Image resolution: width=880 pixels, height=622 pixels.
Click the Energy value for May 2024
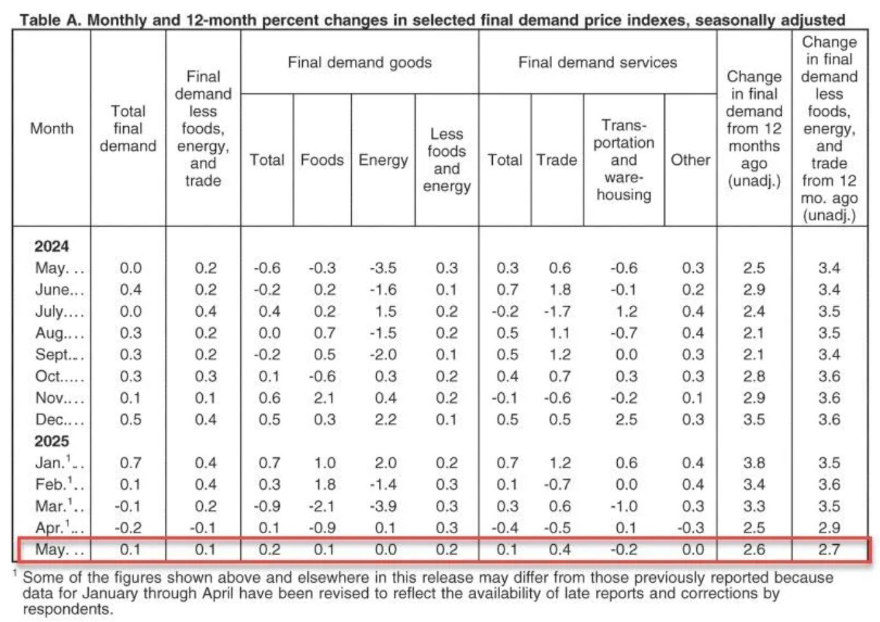coord(383,269)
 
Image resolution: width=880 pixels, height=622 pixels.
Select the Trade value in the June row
coord(560,290)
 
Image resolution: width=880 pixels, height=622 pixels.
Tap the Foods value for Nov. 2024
coord(324,398)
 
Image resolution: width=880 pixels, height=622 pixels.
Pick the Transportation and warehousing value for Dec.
coord(626,420)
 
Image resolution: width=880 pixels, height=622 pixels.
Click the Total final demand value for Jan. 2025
coord(130,463)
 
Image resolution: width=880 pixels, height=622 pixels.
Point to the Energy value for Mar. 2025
coord(383,506)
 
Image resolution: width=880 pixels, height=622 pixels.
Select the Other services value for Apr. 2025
coord(691,528)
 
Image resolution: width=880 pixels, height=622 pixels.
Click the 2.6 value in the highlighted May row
coord(754,549)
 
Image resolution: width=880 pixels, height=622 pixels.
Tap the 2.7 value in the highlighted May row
coord(829,549)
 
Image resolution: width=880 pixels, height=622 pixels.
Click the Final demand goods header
coord(359,62)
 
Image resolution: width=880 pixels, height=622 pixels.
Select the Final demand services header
coord(598,62)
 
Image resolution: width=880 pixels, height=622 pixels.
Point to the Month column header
coord(52,128)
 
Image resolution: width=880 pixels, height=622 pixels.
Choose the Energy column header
coord(383,160)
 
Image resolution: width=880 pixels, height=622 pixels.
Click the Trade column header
coord(557,160)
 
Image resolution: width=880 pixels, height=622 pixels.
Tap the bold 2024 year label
coord(52,247)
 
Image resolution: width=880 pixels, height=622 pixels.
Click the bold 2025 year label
coord(52,441)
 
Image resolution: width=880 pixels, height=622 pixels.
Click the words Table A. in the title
coord(51,19)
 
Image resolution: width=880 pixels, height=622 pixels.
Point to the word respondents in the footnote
coord(68,609)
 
